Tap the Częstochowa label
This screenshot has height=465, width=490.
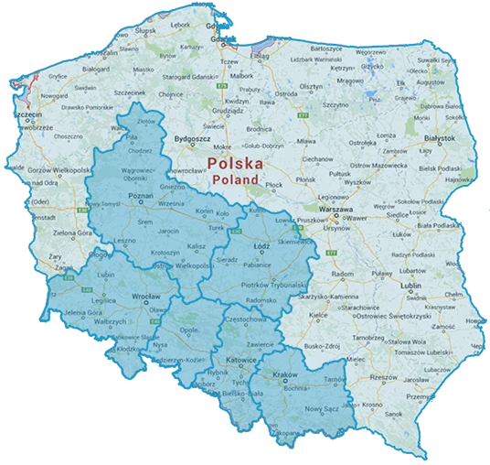coord(248,319)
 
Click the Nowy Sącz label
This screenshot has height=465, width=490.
coord(321,408)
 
